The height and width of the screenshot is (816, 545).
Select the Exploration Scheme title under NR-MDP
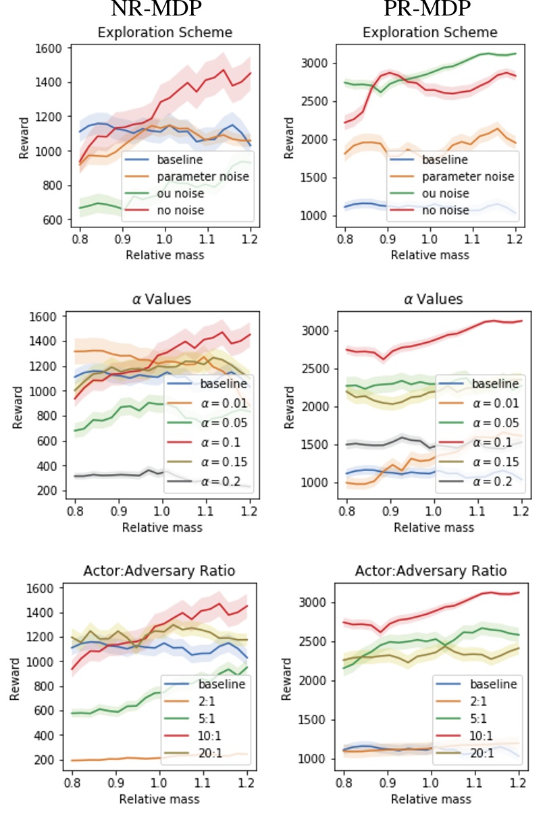pyautogui.click(x=165, y=32)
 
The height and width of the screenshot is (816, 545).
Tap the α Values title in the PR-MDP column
pyautogui.click(x=430, y=299)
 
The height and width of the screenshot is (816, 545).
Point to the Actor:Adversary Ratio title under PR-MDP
pyautogui.click(x=431, y=571)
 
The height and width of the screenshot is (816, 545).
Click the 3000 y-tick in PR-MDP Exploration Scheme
pyautogui.click(x=317, y=63)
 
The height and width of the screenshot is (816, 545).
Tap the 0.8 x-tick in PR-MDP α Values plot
pyautogui.click(x=346, y=510)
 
